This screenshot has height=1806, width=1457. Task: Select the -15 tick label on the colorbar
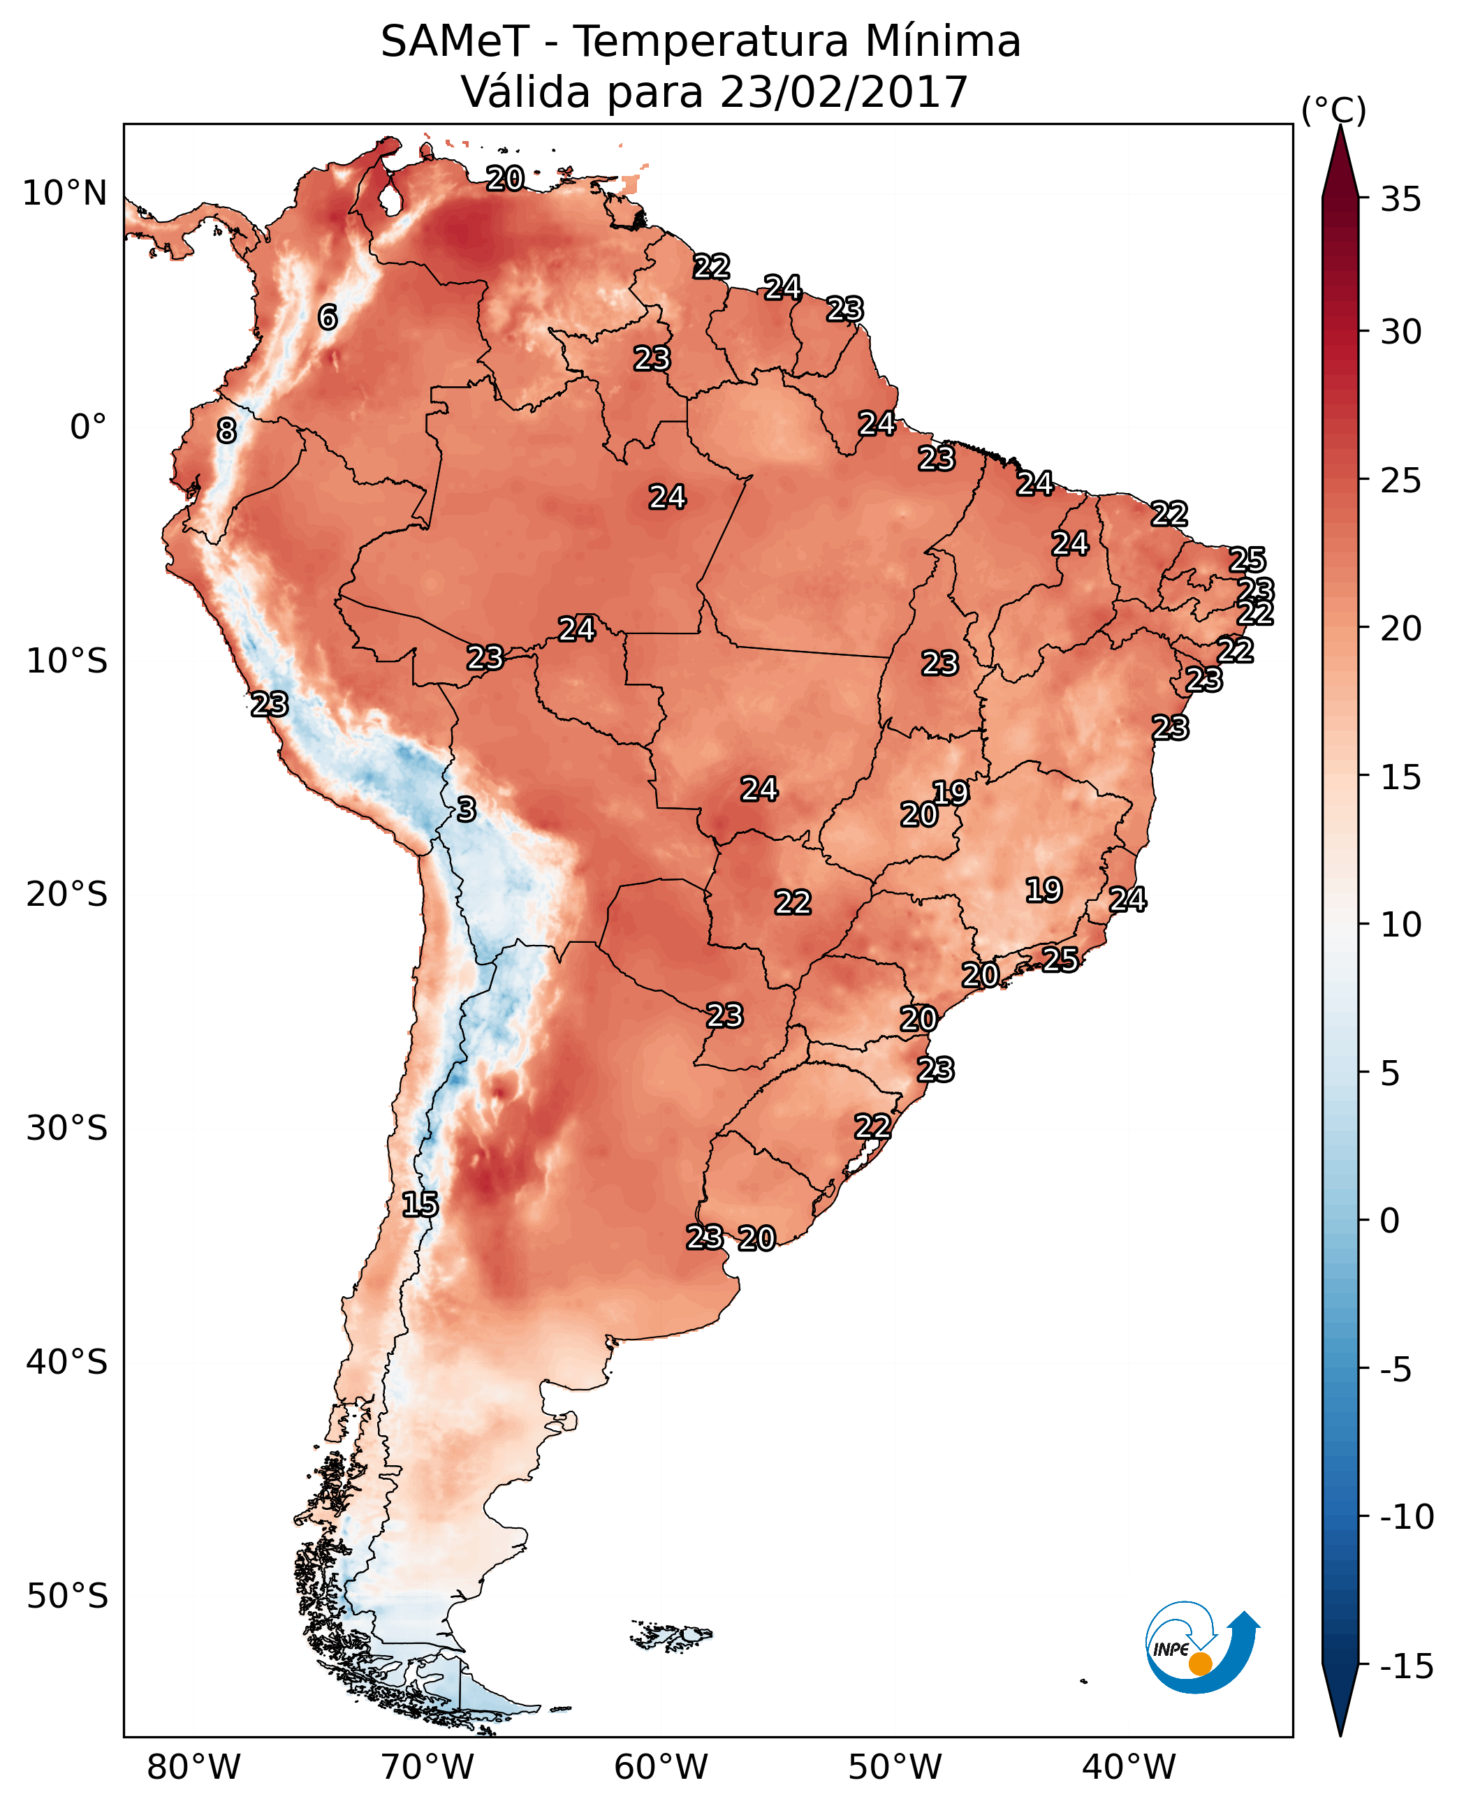1406,1667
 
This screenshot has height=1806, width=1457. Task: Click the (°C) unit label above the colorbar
1333,110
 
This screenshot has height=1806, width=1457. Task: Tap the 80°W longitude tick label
194,1767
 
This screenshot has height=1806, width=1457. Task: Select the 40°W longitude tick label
1129,1767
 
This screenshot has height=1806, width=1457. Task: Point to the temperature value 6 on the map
328,317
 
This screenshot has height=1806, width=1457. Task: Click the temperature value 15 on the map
420,1204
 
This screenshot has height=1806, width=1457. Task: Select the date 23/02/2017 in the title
844,91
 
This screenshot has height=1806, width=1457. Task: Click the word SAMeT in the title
455,41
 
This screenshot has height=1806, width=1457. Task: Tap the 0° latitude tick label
88,427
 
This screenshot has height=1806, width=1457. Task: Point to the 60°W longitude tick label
661,1767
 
